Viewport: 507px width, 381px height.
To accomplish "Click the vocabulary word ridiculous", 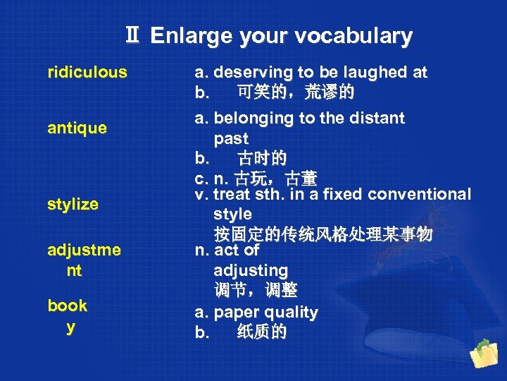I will (87, 72).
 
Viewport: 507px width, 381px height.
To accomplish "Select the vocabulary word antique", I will (77, 128).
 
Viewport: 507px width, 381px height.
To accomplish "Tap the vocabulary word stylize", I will (73, 205).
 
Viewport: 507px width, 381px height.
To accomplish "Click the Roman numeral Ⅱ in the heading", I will (132, 36).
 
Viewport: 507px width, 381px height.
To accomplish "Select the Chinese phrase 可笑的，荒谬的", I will (296, 92).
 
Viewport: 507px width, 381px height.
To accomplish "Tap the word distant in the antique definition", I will (377, 118).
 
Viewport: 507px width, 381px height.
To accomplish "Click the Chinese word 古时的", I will (262, 157).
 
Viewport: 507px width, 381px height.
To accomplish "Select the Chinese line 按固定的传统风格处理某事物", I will (323, 233).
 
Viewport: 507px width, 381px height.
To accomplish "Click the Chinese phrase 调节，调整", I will (255, 290).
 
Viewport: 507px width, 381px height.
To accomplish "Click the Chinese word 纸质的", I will (262, 332).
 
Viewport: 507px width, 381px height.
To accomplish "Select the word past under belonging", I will (231, 138).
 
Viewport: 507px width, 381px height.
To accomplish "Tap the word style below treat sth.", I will (232, 213).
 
